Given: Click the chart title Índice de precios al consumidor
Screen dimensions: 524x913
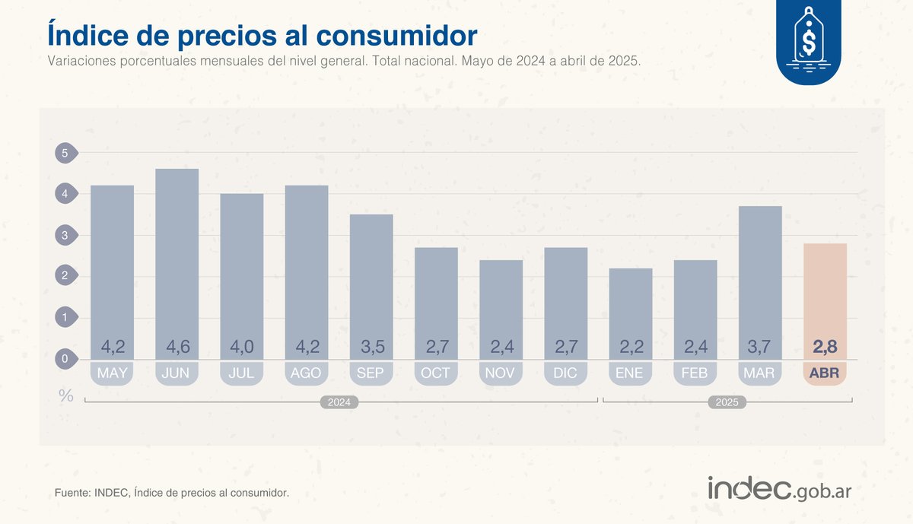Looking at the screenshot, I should point(262,36).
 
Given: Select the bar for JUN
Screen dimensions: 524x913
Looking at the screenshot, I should point(177,259).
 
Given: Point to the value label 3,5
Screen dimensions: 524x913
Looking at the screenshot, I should point(371,348).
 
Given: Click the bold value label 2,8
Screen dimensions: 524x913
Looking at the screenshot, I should point(825,348).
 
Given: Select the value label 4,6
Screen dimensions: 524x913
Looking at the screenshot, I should point(177,348).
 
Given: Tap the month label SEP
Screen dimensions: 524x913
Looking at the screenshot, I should point(371,373).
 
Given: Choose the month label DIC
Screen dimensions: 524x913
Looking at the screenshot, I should point(565,373).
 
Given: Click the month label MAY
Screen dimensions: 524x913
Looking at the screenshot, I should point(112,373).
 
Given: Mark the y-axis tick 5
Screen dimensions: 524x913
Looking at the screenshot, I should point(65,153).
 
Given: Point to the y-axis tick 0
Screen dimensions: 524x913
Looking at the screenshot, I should point(65,358).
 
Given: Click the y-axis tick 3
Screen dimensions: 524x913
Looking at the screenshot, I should point(65,235).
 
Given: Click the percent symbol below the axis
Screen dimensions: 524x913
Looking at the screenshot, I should point(66,395).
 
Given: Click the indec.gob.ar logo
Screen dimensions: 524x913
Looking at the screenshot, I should point(779,488).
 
